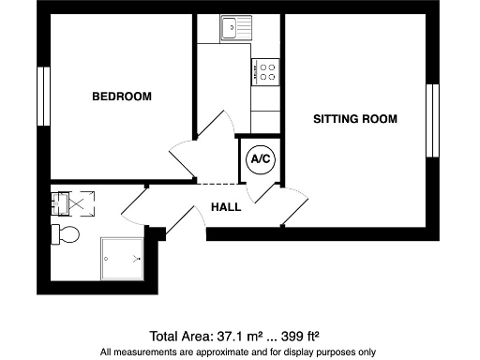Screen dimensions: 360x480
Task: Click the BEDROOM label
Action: click(122, 97)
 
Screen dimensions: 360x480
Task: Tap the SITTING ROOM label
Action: click(355, 119)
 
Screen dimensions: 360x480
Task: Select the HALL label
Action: click(226, 206)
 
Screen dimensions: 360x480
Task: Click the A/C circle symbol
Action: click(260, 159)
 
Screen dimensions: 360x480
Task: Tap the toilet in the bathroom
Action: click(66, 232)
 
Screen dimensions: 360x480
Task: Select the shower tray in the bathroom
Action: click(122, 255)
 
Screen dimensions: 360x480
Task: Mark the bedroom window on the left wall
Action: click(43, 96)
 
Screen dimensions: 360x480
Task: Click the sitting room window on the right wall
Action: click(432, 120)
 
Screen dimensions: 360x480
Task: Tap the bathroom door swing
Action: click(136, 206)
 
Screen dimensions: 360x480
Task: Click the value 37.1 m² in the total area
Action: click(241, 336)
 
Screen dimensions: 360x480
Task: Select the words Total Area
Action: click(183, 336)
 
